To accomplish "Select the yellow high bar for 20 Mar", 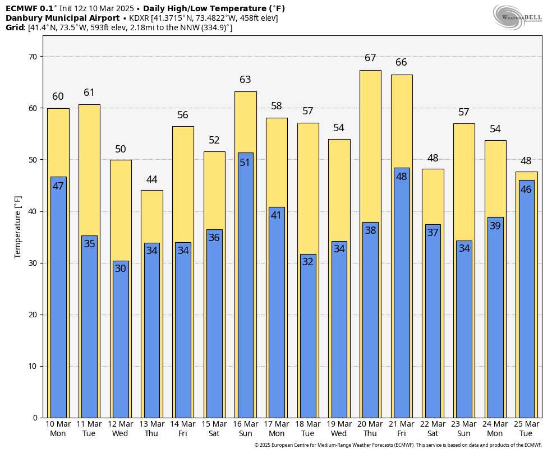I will point(370,146).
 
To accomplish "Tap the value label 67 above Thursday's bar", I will point(370,58).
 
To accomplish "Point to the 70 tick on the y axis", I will point(33,57).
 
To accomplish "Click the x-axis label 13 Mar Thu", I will point(151,429).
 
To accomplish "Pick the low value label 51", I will point(245,163).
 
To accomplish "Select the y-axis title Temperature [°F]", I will point(18,227).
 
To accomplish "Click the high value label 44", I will point(151,179).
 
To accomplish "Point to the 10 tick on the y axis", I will point(33,366).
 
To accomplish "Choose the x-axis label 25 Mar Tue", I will point(526,429).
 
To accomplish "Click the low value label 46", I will point(526,189).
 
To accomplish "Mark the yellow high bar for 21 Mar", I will point(402,121).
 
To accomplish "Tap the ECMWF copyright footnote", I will point(398,445).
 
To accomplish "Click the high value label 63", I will point(245,80).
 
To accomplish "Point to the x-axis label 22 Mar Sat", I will point(433,429).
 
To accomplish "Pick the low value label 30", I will point(121,269).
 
